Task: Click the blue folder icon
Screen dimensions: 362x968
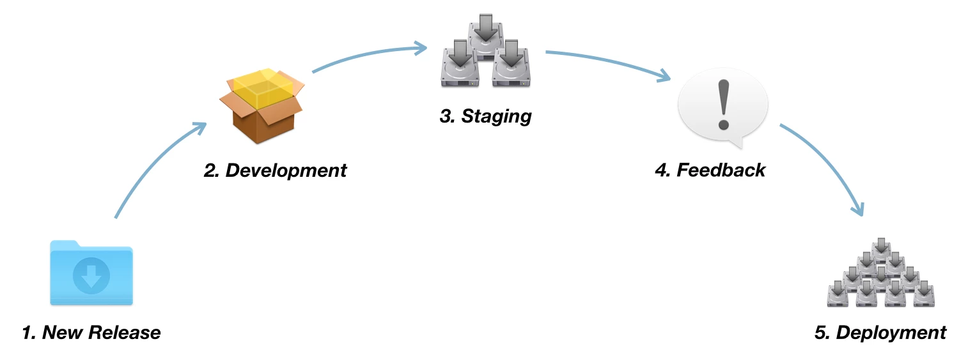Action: (x=91, y=273)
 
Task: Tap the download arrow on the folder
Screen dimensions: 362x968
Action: (x=91, y=276)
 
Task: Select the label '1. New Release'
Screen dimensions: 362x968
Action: (x=91, y=333)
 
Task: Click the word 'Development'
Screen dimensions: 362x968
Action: (x=286, y=170)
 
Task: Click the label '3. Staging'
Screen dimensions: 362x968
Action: (x=485, y=117)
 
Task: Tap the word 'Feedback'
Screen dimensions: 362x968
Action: (x=721, y=170)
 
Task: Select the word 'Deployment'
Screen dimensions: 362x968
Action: (x=891, y=333)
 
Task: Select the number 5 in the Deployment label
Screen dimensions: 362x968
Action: (x=820, y=333)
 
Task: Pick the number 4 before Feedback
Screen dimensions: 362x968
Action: (x=660, y=170)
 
